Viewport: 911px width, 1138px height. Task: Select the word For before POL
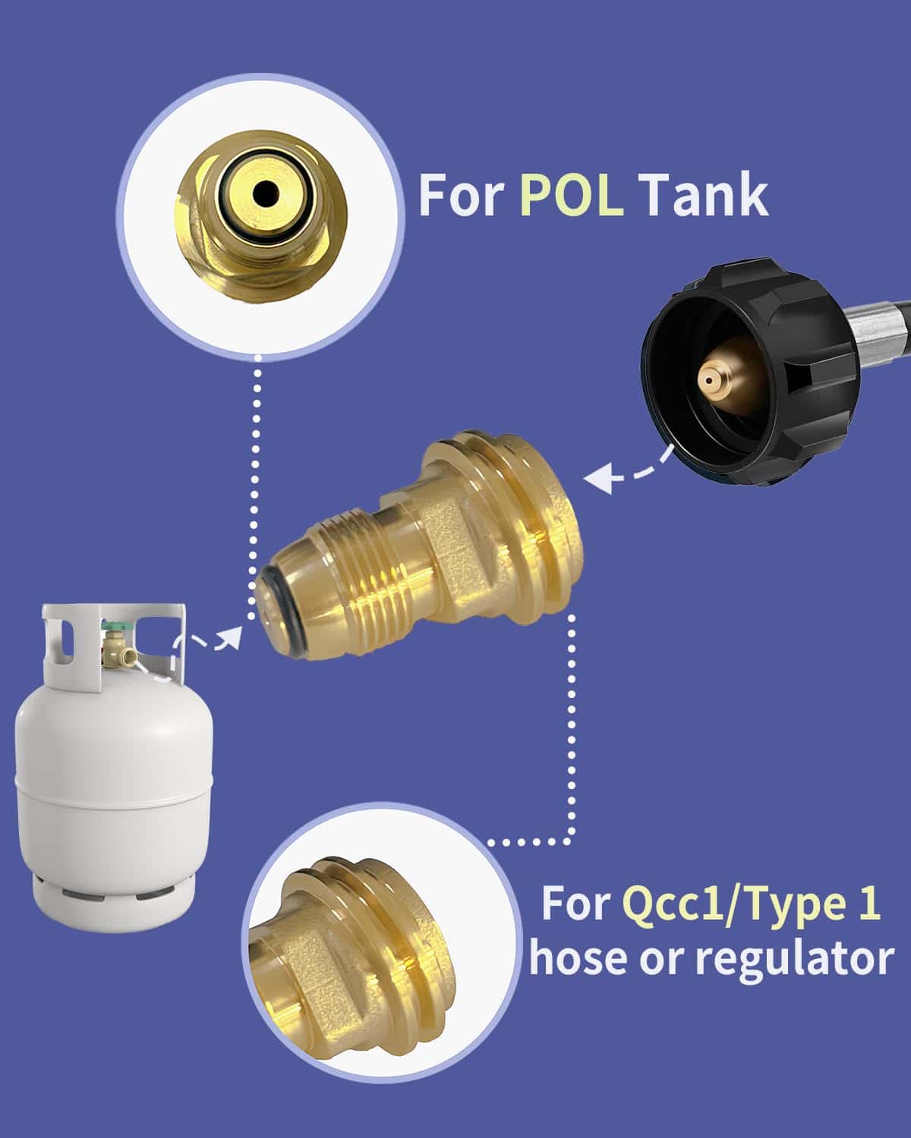[462, 196]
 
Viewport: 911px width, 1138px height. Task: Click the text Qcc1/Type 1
[752, 904]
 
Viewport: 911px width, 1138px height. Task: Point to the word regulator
[794, 958]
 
